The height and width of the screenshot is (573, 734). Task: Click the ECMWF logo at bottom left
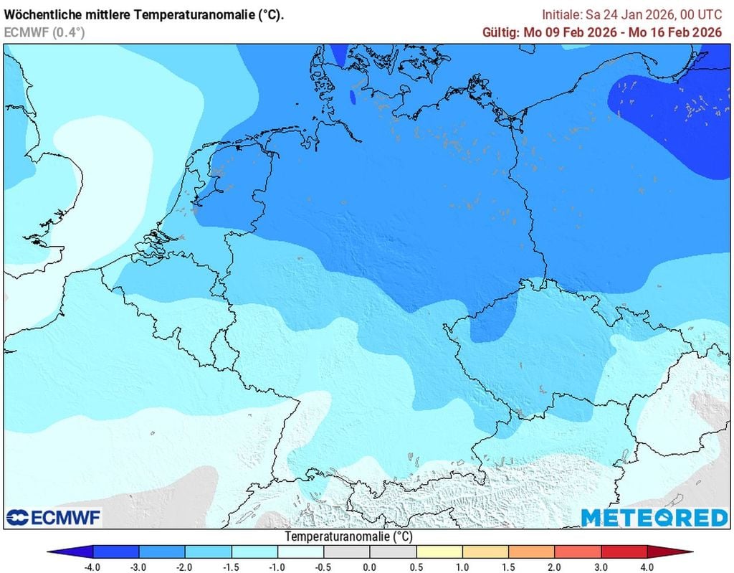[x=54, y=517]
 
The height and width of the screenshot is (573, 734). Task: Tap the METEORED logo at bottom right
[x=654, y=517]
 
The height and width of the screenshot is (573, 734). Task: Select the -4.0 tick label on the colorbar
[x=92, y=567]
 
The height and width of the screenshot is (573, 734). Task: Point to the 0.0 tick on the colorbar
[x=370, y=567]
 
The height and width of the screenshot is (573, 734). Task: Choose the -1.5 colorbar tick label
[x=231, y=567]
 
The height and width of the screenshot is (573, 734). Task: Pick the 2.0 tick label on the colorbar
[x=556, y=567]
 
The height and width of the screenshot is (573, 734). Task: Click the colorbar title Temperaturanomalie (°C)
[x=348, y=536]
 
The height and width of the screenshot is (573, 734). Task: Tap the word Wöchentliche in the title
[x=42, y=14]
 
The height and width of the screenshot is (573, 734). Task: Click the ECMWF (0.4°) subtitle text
[x=44, y=32]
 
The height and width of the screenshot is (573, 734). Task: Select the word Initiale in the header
[x=561, y=14]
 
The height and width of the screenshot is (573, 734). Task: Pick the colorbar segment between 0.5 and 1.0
[x=439, y=551]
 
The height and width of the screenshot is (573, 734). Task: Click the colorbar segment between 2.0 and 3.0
[x=578, y=551]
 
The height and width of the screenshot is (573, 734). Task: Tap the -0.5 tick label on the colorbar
[x=323, y=567]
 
